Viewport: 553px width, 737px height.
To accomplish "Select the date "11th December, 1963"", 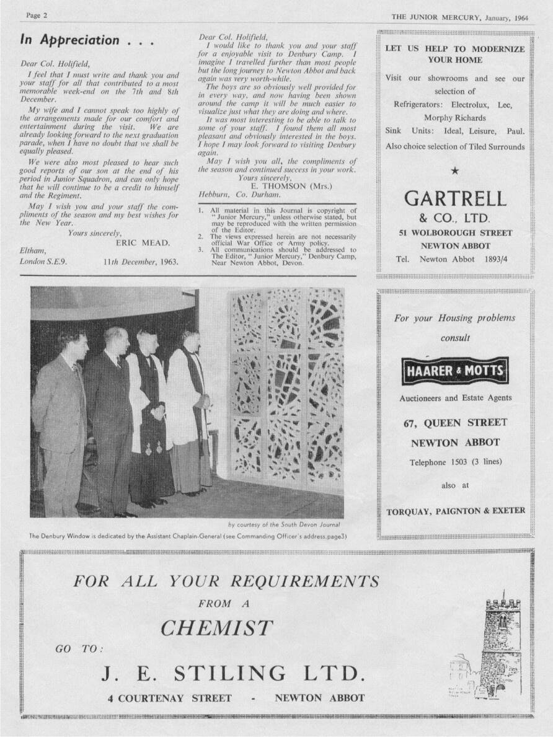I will [x=141, y=262].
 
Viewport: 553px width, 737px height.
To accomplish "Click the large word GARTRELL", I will [x=455, y=198].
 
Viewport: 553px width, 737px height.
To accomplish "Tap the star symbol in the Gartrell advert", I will [x=455, y=171].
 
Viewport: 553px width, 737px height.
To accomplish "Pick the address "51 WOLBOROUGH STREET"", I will [x=455, y=233].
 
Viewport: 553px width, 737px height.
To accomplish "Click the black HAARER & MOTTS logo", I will [x=454, y=371].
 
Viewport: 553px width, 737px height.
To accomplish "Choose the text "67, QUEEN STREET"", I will [x=454, y=423].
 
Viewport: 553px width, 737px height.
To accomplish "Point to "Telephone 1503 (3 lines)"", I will [x=454, y=462].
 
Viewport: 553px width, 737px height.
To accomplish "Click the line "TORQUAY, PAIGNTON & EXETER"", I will [x=456, y=511].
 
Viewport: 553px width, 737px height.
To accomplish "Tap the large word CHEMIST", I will [x=216, y=629].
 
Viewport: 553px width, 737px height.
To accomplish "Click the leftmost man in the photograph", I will [x=60, y=421].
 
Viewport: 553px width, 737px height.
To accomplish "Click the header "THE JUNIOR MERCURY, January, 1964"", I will [x=459, y=17].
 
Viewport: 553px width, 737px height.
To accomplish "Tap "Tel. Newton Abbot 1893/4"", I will [x=455, y=258].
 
